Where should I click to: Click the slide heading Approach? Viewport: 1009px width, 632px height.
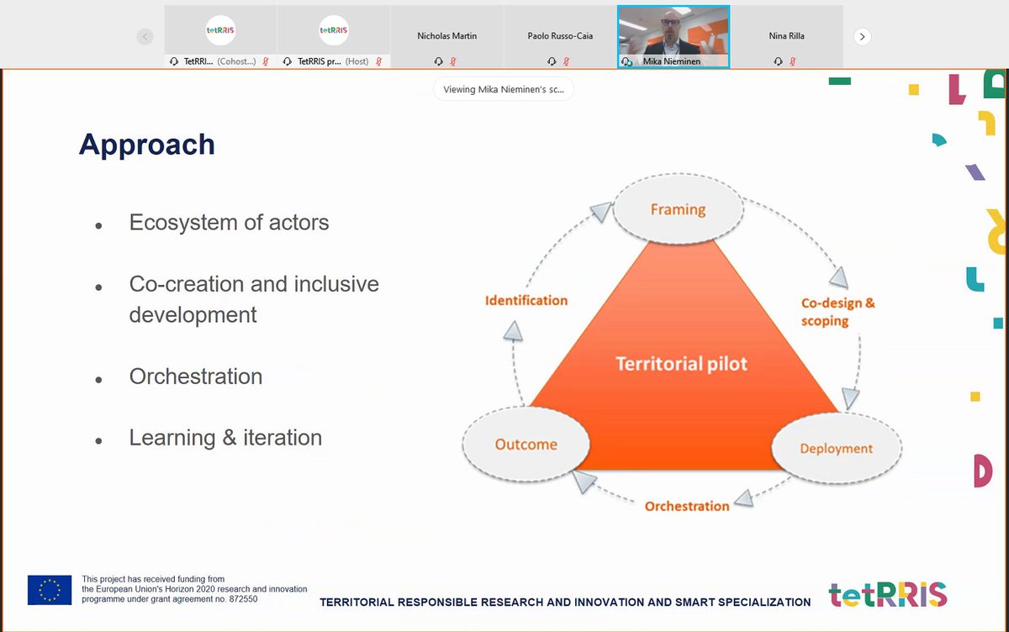coord(147,145)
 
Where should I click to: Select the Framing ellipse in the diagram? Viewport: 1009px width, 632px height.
coord(678,209)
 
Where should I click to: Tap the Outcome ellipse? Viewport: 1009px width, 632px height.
coord(526,445)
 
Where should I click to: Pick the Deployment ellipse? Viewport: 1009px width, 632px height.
coord(836,448)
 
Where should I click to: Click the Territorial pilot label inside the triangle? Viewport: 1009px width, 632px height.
coord(681,364)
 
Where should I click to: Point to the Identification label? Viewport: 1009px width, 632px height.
coord(526,300)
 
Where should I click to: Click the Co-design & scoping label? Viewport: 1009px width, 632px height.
coord(837,311)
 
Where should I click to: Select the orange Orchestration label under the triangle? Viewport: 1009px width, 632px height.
coord(687,506)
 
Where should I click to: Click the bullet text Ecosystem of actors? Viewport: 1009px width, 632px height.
coord(229,223)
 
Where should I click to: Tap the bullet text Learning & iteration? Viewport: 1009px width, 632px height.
coord(225,438)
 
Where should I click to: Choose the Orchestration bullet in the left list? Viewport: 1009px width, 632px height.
coord(196,377)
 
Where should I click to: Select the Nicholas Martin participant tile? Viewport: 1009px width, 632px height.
coord(446,37)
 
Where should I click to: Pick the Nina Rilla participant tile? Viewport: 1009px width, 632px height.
coord(786,37)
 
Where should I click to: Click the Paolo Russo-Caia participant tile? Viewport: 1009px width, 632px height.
coord(560,37)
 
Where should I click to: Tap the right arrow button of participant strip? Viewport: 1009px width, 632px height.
coord(862,37)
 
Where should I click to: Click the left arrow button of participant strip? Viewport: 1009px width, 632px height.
coord(145,37)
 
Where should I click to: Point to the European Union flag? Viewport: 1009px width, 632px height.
coord(50,590)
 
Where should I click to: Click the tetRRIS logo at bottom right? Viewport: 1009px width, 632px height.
coord(887,594)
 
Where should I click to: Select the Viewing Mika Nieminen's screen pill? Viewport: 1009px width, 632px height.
coord(504,89)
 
